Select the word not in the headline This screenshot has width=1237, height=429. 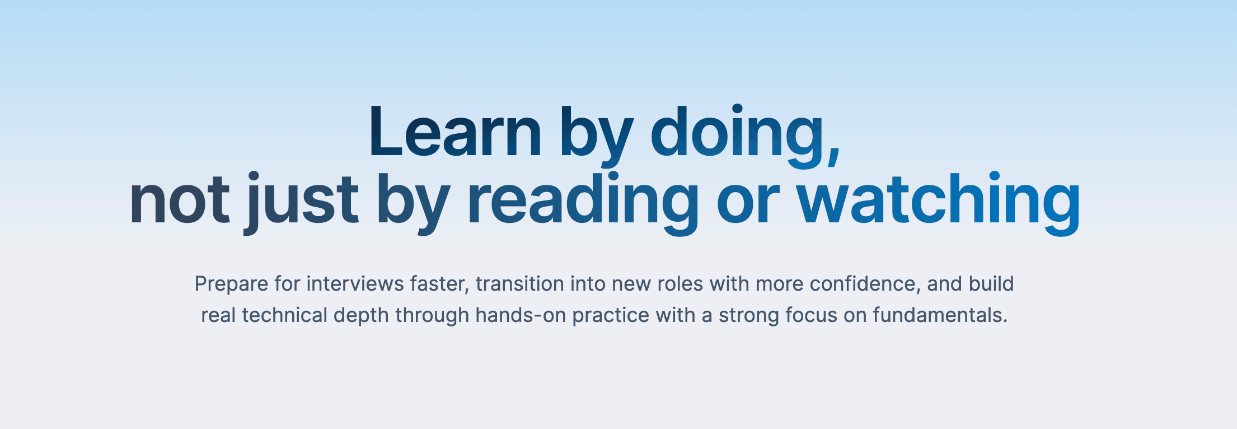coord(179,200)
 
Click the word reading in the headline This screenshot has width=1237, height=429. coord(583,203)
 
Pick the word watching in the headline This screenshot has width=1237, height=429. coord(939,203)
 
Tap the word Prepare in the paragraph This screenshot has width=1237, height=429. coord(231,285)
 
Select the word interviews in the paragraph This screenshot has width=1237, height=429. coord(355,284)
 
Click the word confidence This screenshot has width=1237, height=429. coord(863,284)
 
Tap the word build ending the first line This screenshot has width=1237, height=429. coord(991,284)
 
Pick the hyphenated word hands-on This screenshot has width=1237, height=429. coord(521,315)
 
